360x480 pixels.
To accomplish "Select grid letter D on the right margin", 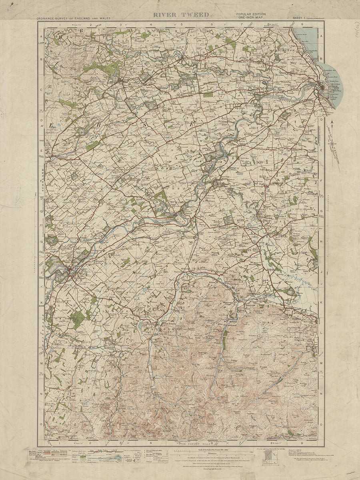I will (x=321, y=119).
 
